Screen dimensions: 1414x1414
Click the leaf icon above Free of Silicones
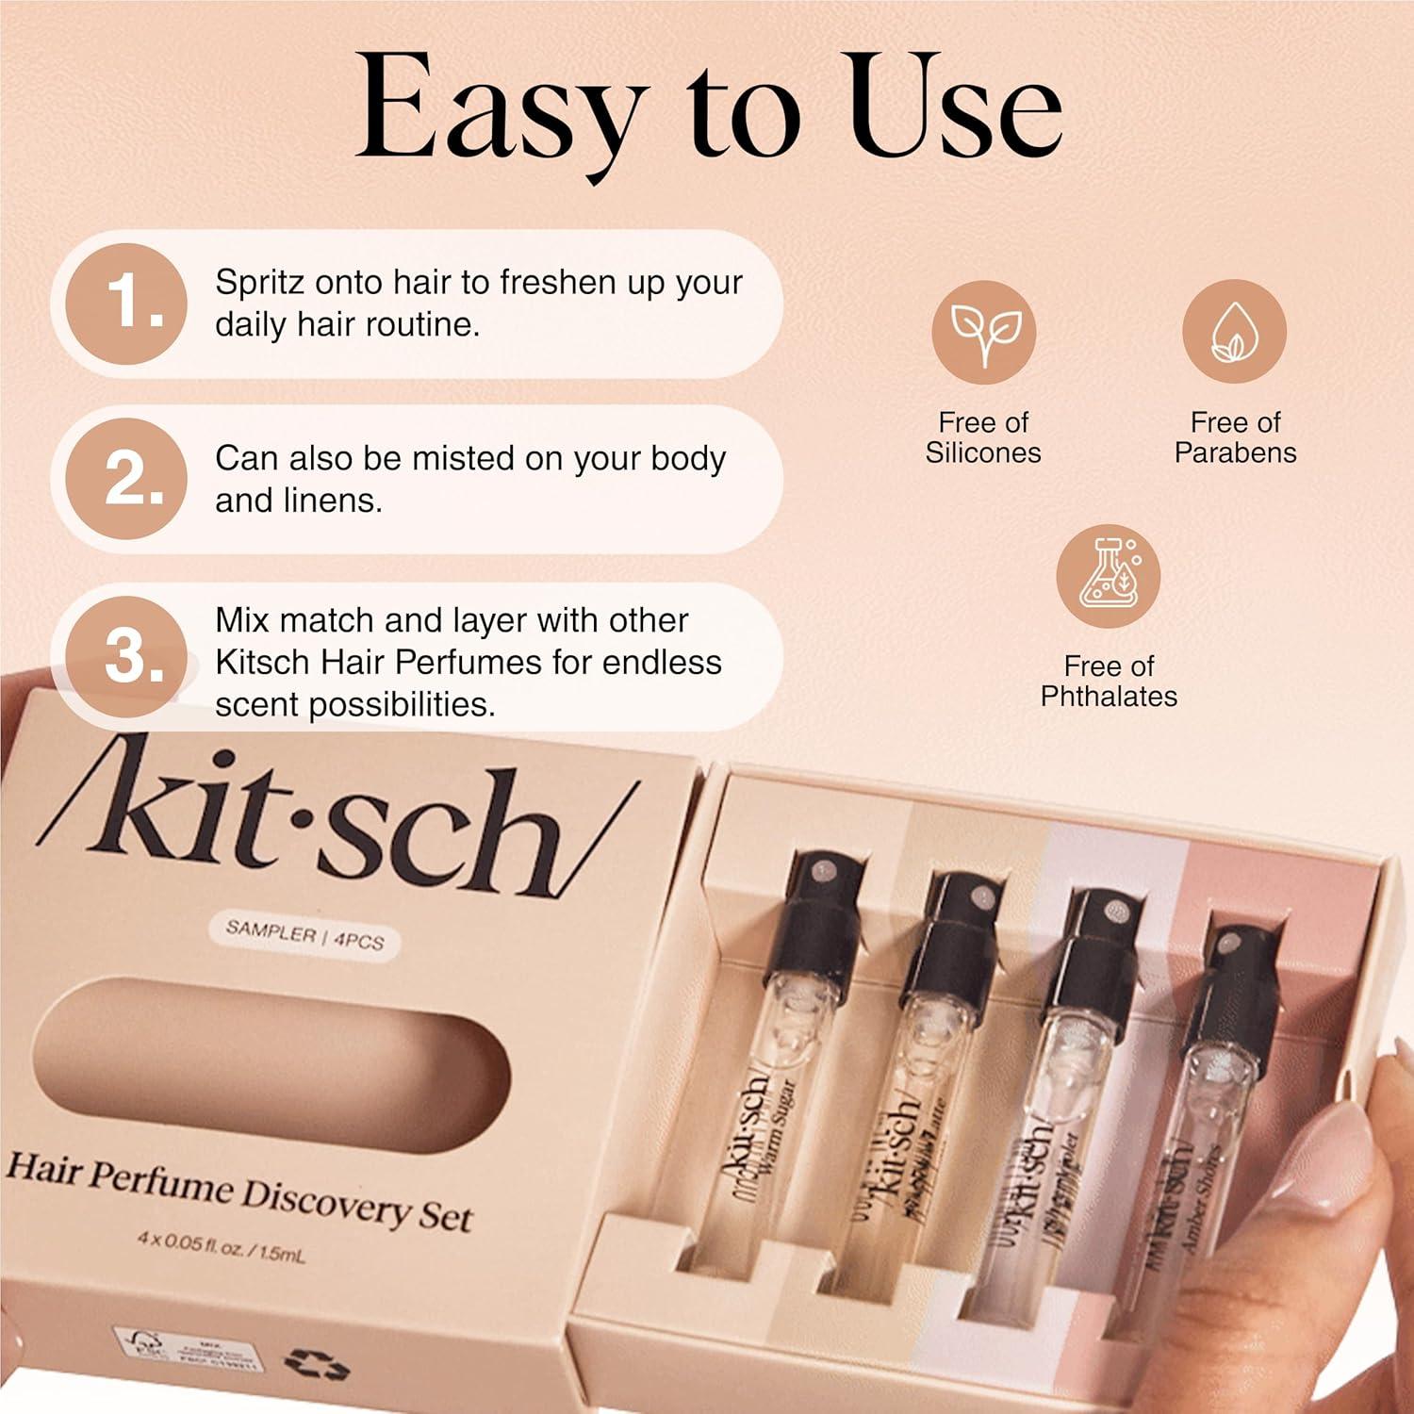(983, 331)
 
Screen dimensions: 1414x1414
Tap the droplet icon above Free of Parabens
(1234, 331)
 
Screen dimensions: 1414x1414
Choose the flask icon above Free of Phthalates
(1108, 576)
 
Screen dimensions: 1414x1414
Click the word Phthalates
(1109, 697)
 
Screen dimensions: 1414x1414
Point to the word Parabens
(1235, 453)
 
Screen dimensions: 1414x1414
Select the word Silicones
(983, 453)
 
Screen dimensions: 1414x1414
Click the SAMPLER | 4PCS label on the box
(304, 936)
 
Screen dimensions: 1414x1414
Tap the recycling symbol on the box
(317, 1364)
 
